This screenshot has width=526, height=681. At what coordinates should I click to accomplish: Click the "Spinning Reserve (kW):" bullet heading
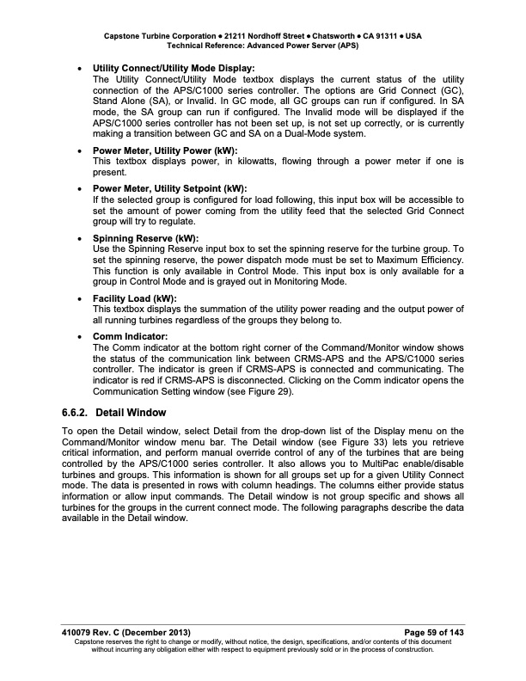click(145, 238)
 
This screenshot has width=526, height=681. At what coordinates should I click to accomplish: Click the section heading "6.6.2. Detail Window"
click(115, 413)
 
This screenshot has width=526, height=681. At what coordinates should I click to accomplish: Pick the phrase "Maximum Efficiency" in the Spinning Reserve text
click(421, 260)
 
